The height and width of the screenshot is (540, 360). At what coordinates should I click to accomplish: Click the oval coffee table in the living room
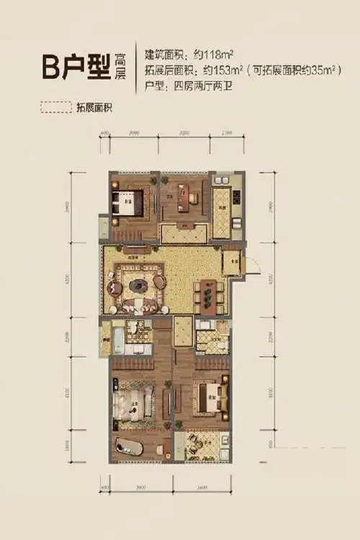click(137, 285)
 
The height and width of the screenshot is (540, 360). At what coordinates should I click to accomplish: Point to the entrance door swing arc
click(251, 268)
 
